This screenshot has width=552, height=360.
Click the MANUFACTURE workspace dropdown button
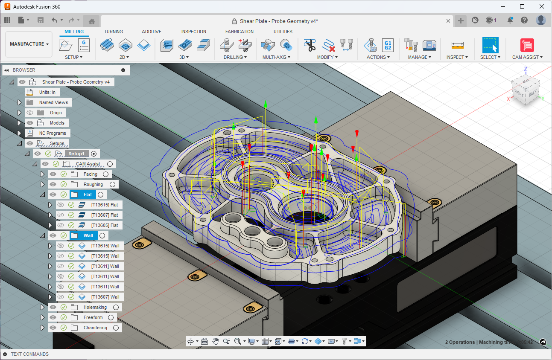coord(29,44)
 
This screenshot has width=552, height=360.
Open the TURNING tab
coord(113,32)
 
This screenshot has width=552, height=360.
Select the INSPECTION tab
coord(193,32)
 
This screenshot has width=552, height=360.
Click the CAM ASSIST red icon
coord(527,45)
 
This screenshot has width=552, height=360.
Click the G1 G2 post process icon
coord(388,45)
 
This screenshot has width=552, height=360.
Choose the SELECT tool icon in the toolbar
coord(490,45)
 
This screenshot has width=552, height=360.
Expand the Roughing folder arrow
coord(42,184)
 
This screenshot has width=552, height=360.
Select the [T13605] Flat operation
coord(105,225)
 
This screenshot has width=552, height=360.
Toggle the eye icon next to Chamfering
coord(53,328)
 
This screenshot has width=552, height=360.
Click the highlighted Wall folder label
coord(88,235)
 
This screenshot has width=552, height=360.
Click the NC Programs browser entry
coord(52,133)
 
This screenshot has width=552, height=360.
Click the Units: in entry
coord(47,92)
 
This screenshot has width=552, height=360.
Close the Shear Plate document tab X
coord(448,21)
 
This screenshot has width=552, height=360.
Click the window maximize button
coord(522,6)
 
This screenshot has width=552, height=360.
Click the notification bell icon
coord(510,20)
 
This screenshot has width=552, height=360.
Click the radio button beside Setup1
coord(94,154)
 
